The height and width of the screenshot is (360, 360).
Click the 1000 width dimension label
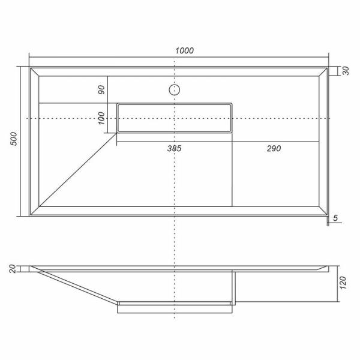click(x=184, y=50)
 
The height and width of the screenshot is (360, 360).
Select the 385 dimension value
click(x=174, y=148)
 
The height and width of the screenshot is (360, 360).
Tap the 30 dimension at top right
click(x=346, y=71)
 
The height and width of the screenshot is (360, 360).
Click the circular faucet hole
click(x=174, y=91)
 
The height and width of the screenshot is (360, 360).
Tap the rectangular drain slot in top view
click(x=174, y=118)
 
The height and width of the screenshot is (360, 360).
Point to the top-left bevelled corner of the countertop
click(x=35, y=71)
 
